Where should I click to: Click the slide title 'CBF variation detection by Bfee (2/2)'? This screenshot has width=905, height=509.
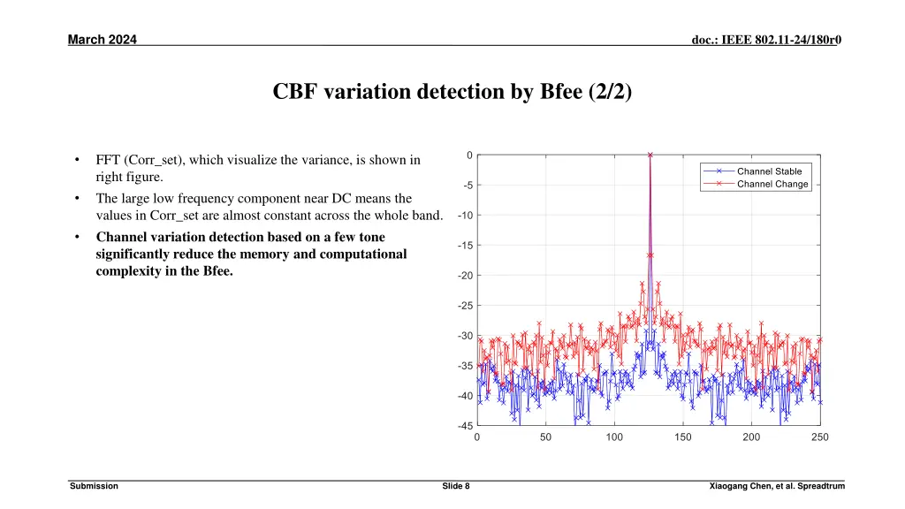(x=452, y=93)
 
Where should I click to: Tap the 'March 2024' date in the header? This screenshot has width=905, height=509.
(x=103, y=39)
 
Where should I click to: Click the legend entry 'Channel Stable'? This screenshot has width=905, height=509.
(x=769, y=171)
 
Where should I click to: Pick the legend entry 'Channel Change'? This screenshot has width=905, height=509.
(x=772, y=184)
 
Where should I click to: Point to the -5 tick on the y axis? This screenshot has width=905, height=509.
(x=465, y=186)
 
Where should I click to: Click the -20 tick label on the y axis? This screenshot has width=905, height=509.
(x=463, y=276)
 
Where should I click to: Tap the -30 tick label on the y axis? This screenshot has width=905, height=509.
(x=463, y=336)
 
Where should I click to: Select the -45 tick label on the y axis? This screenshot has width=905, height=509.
(x=463, y=425)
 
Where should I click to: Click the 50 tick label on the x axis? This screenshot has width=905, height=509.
(x=545, y=437)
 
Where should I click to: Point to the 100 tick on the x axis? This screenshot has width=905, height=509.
(x=614, y=437)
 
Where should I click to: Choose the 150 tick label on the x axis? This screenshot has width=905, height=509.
(x=683, y=437)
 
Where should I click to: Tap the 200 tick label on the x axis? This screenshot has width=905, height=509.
(x=751, y=437)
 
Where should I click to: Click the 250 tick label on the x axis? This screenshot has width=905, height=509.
(x=820, y=437)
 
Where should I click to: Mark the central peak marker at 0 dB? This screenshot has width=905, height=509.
(x=650, y=155)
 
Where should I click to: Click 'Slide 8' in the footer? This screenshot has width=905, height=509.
(x=455, y=487)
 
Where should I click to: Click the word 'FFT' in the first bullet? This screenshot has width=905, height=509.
(x=109, y=160)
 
